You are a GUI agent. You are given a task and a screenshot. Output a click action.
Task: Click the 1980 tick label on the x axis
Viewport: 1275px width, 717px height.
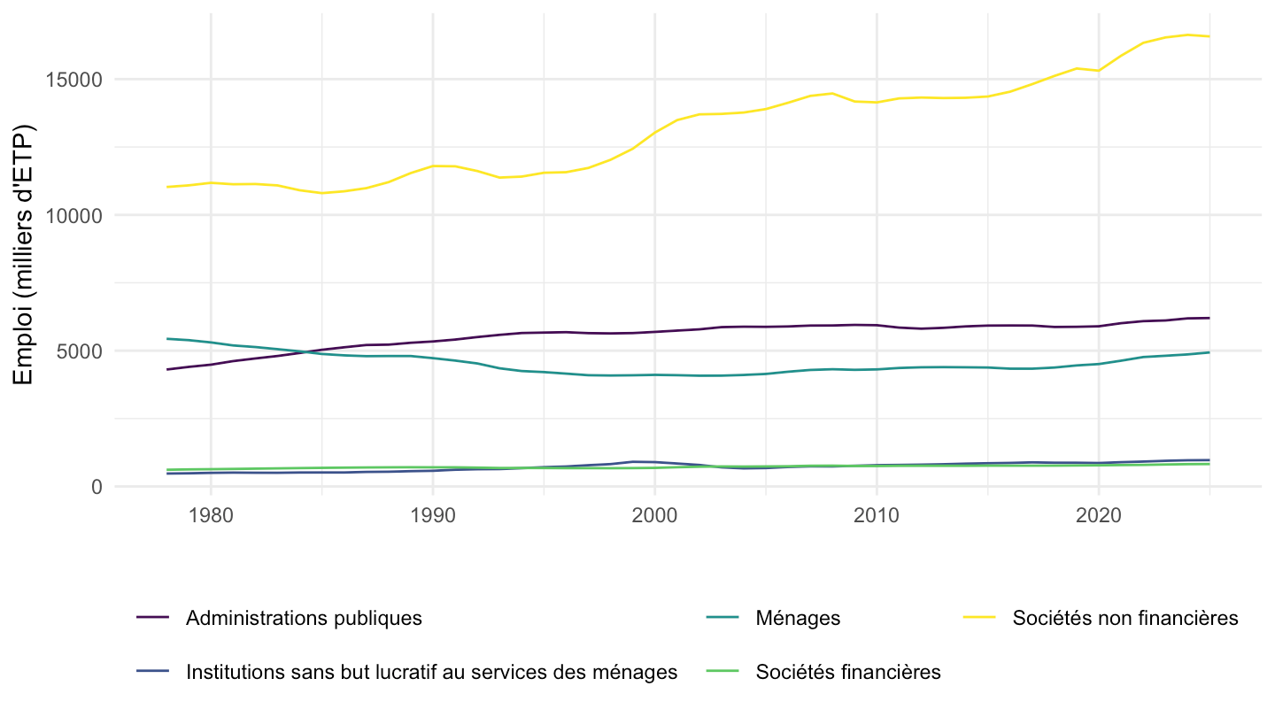point(211,515)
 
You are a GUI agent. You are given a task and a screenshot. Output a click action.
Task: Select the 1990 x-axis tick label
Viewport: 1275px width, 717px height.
point(433,515)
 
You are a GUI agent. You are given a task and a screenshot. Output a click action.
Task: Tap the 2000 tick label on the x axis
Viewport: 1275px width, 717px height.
point(654,515)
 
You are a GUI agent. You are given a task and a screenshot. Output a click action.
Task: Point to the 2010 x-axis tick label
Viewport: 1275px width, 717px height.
point(877,515)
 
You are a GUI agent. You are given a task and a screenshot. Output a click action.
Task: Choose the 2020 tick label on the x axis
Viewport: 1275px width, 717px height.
point(1099,515)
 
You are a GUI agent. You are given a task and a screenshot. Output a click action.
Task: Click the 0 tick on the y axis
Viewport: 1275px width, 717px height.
point(97,487)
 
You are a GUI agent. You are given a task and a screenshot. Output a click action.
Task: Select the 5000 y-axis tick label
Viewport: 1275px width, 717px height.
point(79,351)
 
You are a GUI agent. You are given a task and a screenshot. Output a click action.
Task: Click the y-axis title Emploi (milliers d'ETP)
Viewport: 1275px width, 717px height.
point(24,254)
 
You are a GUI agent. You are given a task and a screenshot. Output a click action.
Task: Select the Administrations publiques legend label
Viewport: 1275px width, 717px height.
point(304,618)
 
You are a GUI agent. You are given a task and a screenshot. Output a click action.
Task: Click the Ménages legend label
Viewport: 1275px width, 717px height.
point(798,618)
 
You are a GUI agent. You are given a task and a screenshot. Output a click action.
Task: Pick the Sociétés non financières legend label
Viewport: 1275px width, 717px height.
point(1125,618)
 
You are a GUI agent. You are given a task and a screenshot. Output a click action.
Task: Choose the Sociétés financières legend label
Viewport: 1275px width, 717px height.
point(848,672)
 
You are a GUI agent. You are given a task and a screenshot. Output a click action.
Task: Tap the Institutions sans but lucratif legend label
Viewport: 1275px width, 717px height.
point(431,672)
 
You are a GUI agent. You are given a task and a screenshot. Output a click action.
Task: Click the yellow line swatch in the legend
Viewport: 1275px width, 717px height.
point(979,618)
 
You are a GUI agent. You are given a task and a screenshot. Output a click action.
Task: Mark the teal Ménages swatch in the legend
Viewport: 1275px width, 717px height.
point(722,618)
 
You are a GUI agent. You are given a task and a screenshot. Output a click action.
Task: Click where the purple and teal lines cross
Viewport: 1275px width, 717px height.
point(305,352)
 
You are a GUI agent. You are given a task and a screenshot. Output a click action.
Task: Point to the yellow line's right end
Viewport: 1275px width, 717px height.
point(1209,36)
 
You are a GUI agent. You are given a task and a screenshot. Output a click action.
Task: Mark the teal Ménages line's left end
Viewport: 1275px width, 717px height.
point(166,338)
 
